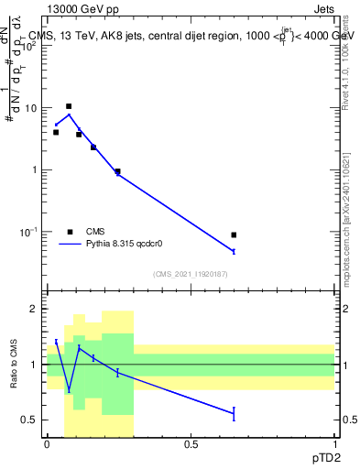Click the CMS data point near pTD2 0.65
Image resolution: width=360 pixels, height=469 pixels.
click(234, 235)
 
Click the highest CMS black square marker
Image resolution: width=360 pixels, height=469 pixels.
click(69, 106)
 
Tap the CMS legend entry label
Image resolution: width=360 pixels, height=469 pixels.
click(96, 232)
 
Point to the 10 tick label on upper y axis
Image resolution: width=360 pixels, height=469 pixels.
click(30, 108)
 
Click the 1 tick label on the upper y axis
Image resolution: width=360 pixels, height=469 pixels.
click(34, 170)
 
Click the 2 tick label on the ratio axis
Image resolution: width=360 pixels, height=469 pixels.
click(34, 310)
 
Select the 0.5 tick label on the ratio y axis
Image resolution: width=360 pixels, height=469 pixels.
click(29, 420)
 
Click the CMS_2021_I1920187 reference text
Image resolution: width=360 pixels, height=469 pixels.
click(190, 274)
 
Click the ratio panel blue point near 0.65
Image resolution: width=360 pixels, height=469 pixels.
click(234, 414)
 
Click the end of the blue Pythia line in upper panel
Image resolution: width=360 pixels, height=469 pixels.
click(234, 251)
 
